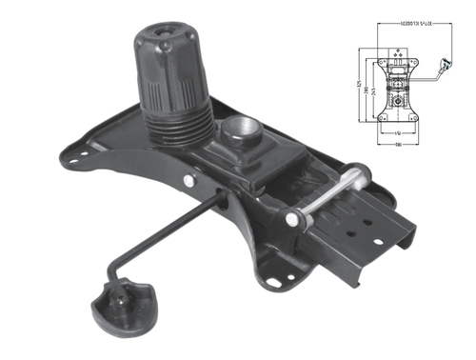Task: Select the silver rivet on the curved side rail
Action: tap(194, 178)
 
